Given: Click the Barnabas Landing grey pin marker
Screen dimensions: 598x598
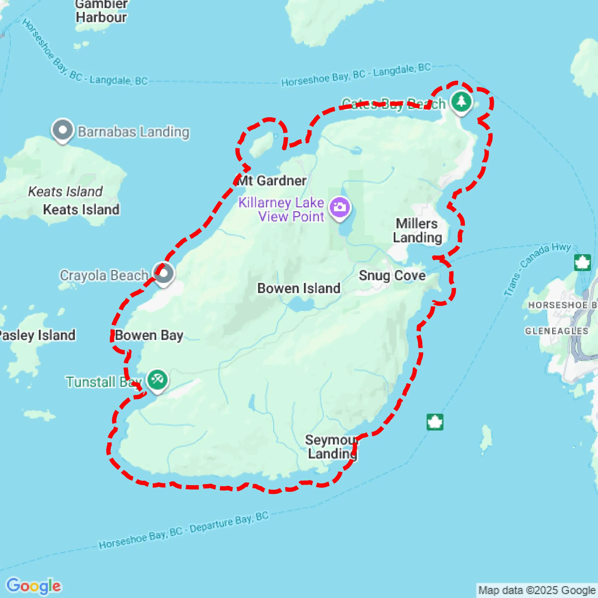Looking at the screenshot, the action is click(x=63, y=130).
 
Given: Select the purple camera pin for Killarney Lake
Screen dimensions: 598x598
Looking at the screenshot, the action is click(x=340, y=208).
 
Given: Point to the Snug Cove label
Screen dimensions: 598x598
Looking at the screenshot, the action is click(x=392, y=275).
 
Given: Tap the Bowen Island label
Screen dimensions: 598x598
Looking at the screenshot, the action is click(x=299, y=288).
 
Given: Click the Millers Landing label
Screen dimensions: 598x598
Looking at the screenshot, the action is click(x=417, y=231).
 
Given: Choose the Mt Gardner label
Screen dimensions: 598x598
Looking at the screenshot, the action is click(x=272, y=181).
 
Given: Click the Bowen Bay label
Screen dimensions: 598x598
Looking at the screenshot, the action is click(x=149, y=335).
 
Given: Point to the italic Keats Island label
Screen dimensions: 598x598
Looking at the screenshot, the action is click(x=65, y=191).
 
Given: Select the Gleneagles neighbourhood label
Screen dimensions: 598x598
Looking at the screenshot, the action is click(x=556, y=331).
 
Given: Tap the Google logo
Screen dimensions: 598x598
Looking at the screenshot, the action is click(x=33, y=586).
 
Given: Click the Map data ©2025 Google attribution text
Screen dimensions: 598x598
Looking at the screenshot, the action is click(x=537, y=590).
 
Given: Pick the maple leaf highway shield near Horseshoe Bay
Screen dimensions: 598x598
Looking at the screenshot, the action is click(x=582, y=262).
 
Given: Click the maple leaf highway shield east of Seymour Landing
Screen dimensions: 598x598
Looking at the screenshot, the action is click(x=435, y=422).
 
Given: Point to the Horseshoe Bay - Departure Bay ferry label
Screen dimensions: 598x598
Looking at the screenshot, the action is click(x=184, y=530).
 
